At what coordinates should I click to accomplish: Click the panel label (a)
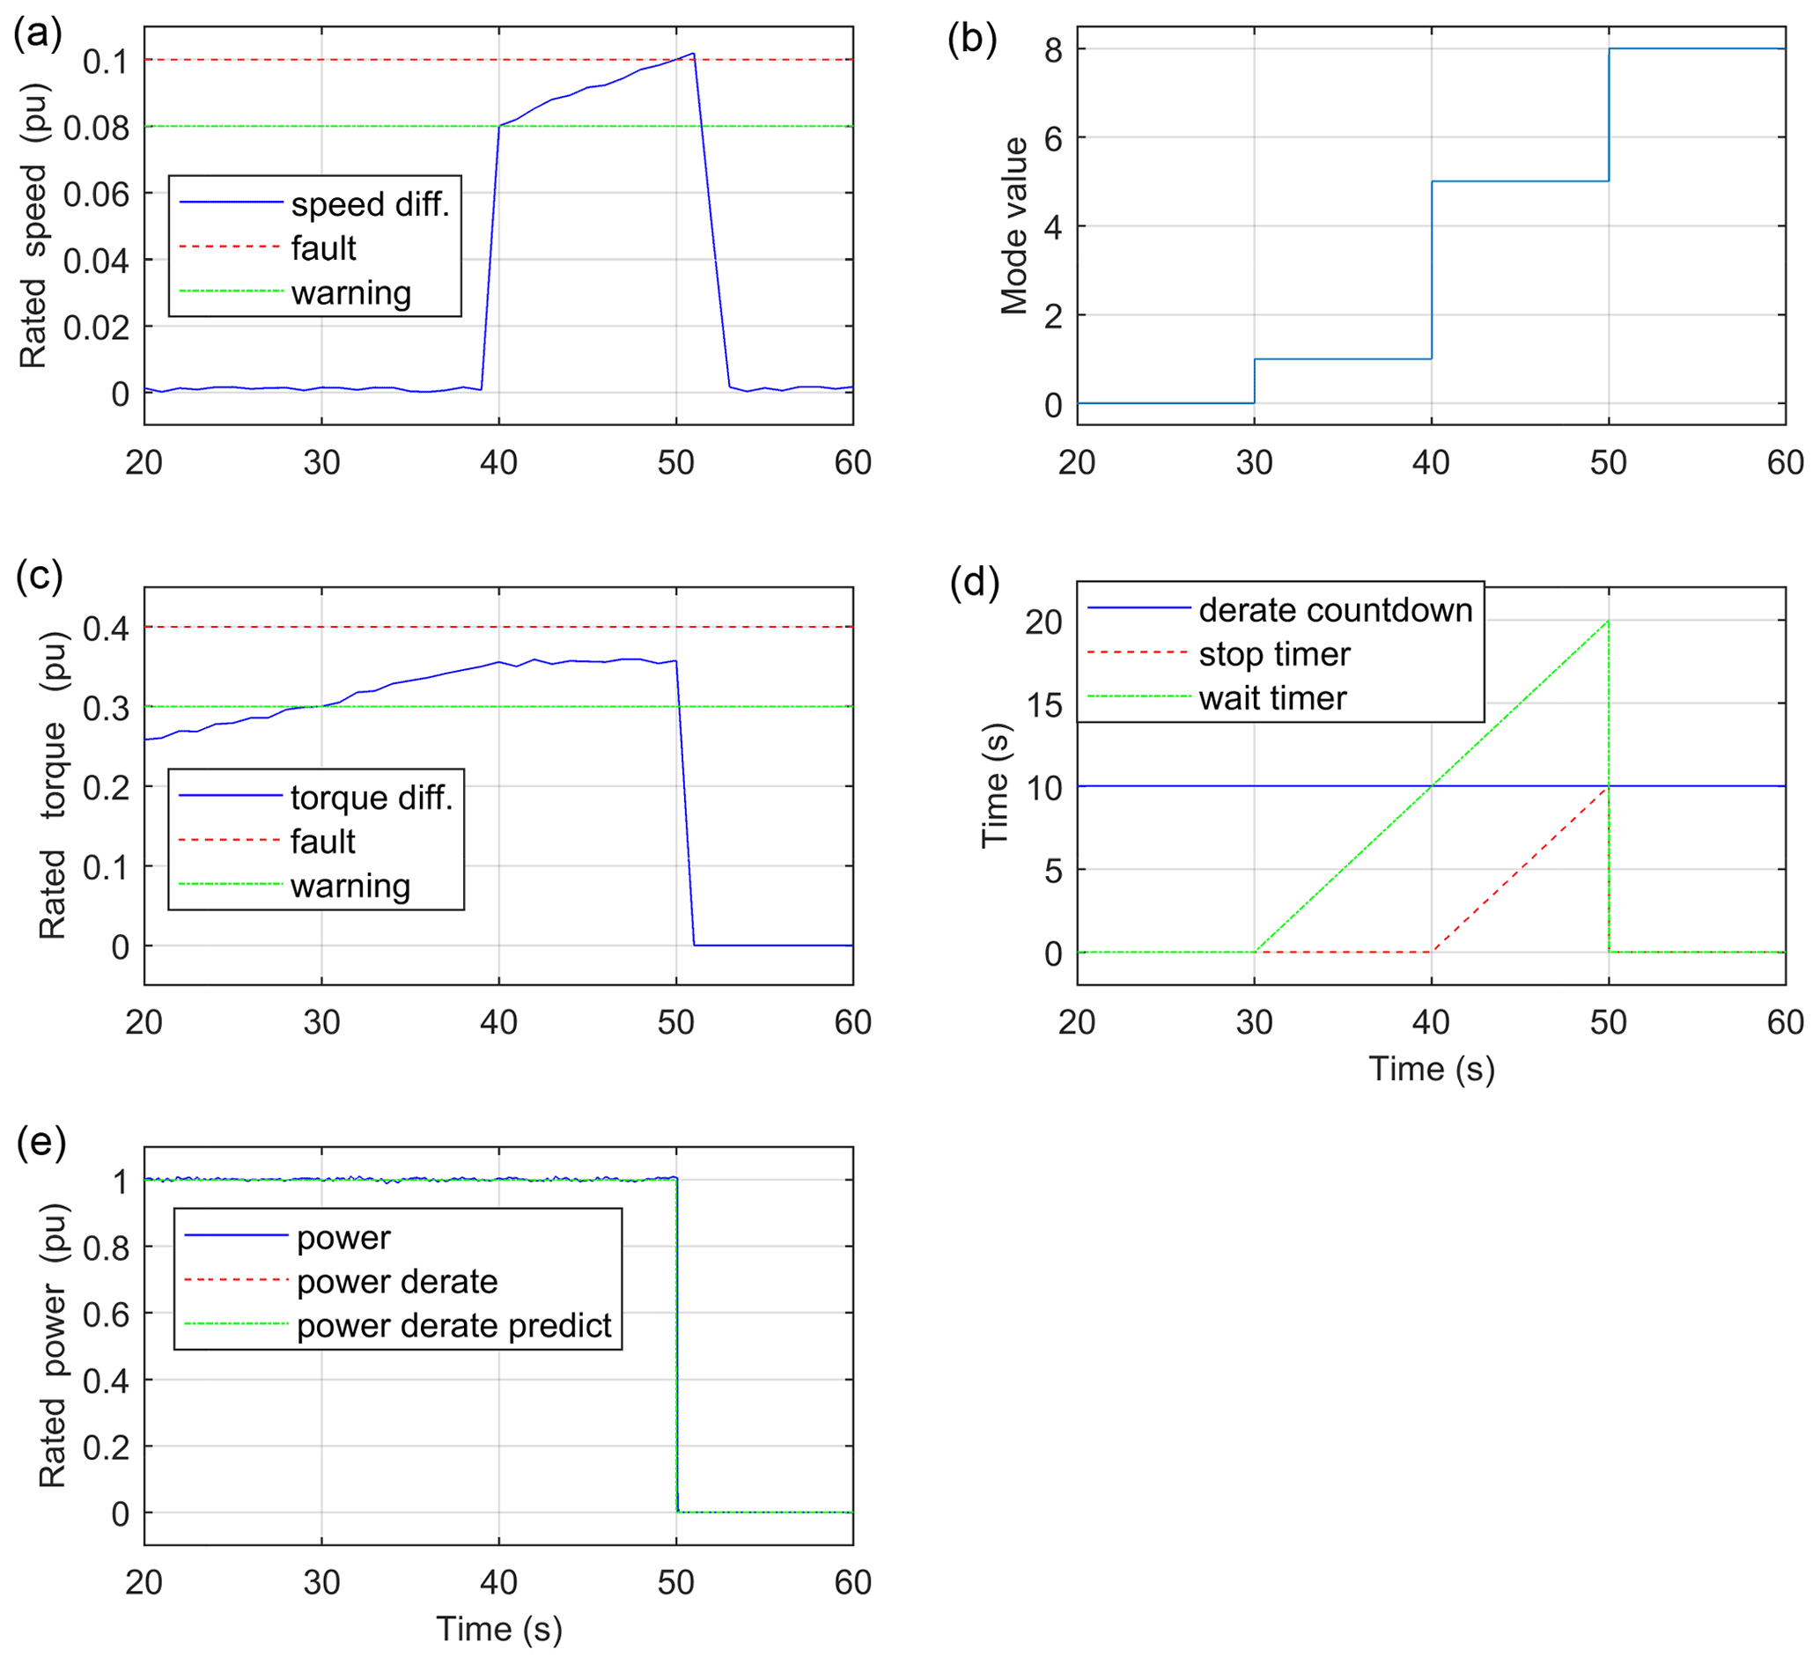[38, 34]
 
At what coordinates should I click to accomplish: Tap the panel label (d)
[974, 583]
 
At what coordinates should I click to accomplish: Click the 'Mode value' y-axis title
[1014, 225]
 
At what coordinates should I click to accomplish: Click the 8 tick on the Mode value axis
[1052, 49]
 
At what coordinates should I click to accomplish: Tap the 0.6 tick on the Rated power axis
[106, 1314]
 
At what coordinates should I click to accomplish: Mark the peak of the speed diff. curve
[692, 54]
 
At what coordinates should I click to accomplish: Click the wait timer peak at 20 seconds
[1608, 622]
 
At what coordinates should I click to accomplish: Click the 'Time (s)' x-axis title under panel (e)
[499, 1630]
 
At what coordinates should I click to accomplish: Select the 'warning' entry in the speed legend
[351, 293]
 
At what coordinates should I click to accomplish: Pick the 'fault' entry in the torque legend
[322, 843]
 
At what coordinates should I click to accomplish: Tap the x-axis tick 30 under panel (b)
[1254, 463]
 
